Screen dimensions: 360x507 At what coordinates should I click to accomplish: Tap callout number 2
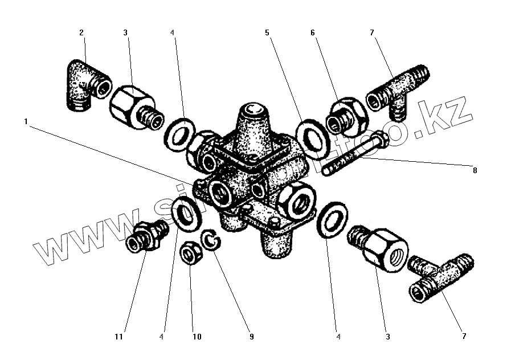[81, 33]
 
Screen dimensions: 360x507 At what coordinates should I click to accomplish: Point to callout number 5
[267, 33]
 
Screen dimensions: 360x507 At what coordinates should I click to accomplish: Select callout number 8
[475, 170]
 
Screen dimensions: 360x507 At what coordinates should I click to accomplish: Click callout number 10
[197, 337]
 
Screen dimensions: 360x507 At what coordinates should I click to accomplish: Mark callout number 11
[118, 337]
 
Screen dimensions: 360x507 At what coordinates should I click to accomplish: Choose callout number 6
[313, 33]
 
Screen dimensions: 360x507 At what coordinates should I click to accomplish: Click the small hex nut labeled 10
[189, 253]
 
